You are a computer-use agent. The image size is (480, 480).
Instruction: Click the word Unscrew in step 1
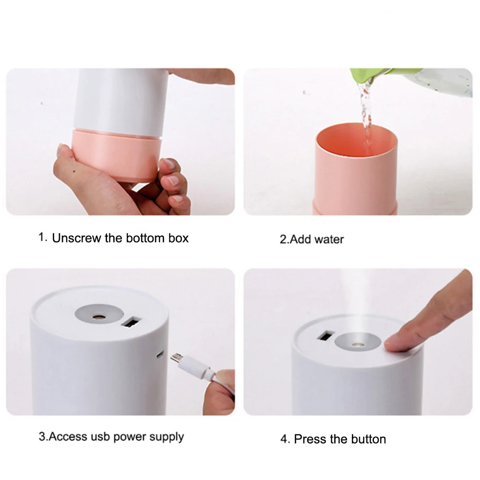[76, 238]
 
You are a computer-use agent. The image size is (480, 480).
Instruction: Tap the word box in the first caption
[179, 238]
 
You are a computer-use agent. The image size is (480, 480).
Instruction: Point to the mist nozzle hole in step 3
[98, 317]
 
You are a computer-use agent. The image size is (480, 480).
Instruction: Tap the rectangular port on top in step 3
[132, 323]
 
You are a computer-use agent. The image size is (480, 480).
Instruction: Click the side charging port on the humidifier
[160, 355]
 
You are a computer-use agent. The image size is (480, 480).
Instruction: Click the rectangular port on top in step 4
[325, 336]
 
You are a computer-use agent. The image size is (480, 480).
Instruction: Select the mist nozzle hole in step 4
[356, 345]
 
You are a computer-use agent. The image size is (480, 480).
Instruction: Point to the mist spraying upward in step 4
[355, 300]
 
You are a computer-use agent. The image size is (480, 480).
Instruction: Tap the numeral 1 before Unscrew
[42, 237]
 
